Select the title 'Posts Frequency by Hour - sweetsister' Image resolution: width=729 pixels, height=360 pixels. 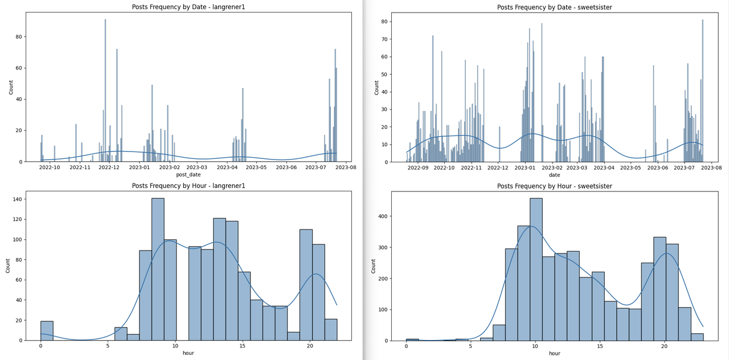click(554, 186)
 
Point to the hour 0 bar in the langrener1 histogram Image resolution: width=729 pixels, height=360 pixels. click(47, 331)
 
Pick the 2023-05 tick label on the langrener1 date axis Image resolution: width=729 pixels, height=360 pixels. click(256, 168)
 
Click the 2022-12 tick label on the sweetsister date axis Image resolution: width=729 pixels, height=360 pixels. click(498, 168)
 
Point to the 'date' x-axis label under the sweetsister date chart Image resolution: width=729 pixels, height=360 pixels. click(554, 175)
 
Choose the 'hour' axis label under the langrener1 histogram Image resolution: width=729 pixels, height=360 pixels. click(189, 353)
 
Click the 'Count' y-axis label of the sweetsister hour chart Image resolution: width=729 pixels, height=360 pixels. click(374, 266)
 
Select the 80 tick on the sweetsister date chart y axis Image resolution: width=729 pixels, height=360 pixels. click(384, 22)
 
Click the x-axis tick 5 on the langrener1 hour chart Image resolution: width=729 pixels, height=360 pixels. click(108, 346)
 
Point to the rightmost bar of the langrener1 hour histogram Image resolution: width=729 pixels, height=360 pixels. click(331, 330)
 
